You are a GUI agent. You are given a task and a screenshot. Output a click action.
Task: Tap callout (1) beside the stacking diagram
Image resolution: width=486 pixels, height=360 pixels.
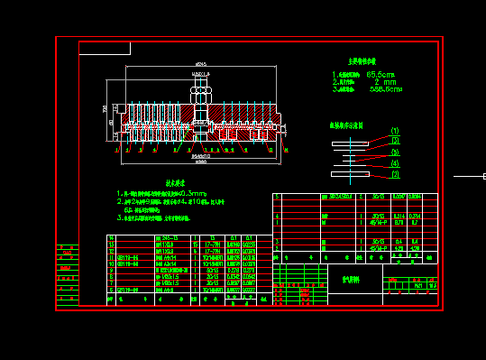coord(394,132)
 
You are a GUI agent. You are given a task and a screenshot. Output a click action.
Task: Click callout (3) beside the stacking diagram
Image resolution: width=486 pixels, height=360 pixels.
coord(394,152)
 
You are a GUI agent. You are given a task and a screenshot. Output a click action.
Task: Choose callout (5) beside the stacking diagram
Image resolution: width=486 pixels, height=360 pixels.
coord(394,174)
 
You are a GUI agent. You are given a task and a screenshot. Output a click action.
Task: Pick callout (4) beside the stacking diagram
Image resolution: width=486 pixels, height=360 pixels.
coord(394,163)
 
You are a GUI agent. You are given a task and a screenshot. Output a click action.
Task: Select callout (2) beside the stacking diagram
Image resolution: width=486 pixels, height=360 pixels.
coord(394,142)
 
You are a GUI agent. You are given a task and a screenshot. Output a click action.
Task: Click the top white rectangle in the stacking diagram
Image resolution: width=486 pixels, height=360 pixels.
coord(350,143)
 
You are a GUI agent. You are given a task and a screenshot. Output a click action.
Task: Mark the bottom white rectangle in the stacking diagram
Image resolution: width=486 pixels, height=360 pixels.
coord(350,174)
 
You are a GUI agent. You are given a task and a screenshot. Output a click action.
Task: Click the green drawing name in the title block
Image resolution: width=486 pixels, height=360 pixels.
coord(349,280)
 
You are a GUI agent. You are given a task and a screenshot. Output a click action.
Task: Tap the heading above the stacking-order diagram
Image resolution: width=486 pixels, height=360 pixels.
coord(346,125)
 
